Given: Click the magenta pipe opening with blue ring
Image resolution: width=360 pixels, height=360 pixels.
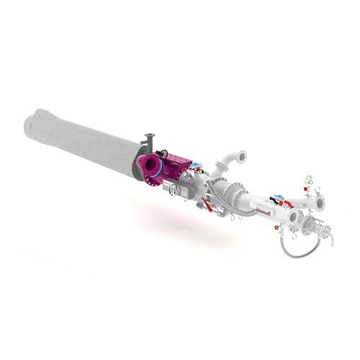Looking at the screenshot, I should point(152,168).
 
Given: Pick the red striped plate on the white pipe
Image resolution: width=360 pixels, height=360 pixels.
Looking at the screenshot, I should point(261,213).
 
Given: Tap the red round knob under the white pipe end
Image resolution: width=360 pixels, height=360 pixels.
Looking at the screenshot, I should point(276,227).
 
